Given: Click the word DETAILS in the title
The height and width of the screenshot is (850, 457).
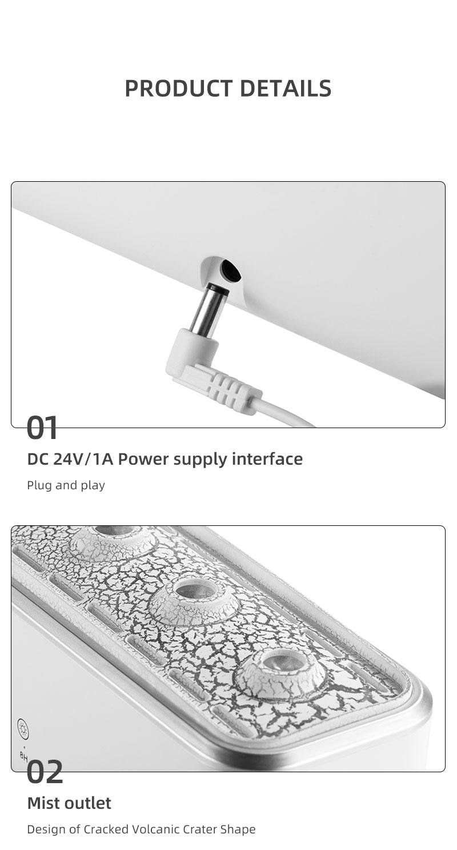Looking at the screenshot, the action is pyautogui.click(x=286, y=89).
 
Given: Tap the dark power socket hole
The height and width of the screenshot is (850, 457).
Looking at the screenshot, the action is pyautogui.click(x=231, y=270).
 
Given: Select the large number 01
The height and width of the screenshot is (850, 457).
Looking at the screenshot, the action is pyautogui.click(x=42, y=428).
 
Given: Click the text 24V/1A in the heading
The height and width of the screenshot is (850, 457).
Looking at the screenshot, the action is pyautogui.click(x=83, y=459).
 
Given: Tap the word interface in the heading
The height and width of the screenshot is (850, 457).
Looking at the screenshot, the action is pyautogui.click(x=267, y=459).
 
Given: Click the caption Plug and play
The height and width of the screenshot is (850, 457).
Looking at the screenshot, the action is pyautogui.click(x=66, y=485).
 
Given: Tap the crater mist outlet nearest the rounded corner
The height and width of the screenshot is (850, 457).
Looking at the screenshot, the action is pyautogui.click(x=280, y=675).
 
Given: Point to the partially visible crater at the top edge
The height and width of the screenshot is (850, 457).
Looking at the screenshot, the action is pyautogui.click(x=113, y=541).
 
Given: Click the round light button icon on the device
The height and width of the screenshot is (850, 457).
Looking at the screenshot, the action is pyautogui.click(x=23, y=729).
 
